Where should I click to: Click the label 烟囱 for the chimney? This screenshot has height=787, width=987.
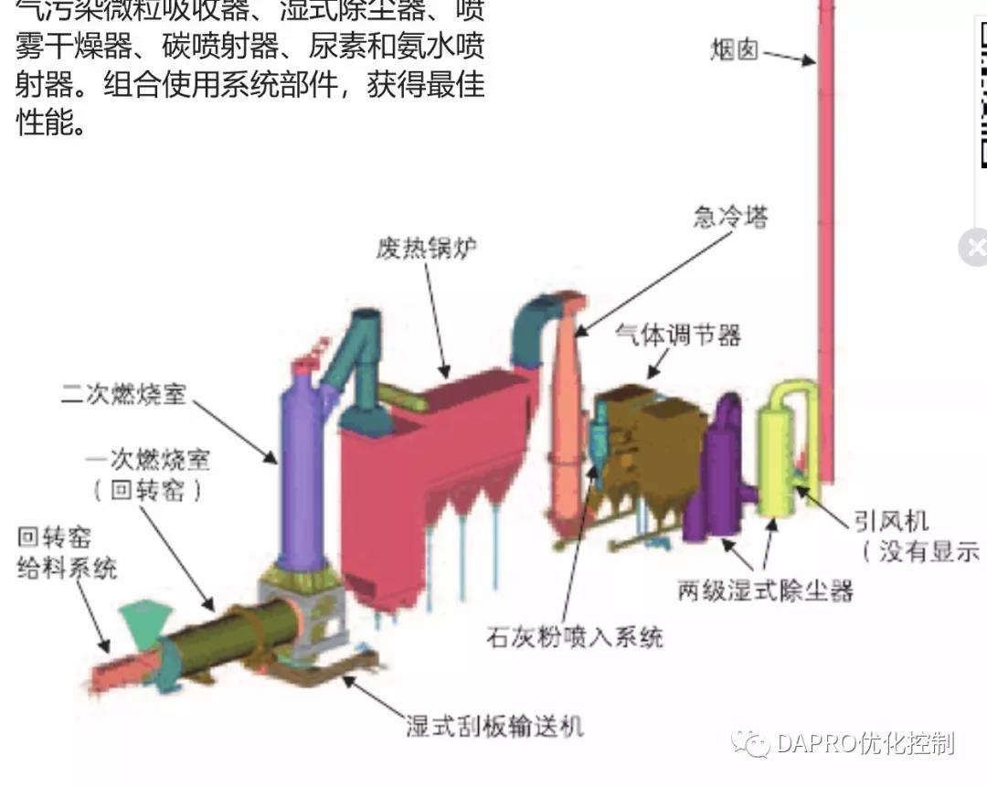pos(735,48)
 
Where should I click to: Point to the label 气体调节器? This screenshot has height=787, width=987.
pos(678,335)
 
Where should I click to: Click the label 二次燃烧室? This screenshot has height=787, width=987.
pos(123,394)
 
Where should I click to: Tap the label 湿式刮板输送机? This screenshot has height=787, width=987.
pos(494,726)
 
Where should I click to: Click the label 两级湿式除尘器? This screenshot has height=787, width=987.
pos(765,590)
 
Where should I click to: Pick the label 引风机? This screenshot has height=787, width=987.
pos(891,521)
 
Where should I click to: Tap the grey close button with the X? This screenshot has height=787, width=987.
pos(974,247)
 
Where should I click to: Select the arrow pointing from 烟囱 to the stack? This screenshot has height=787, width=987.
pos(789,57)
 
